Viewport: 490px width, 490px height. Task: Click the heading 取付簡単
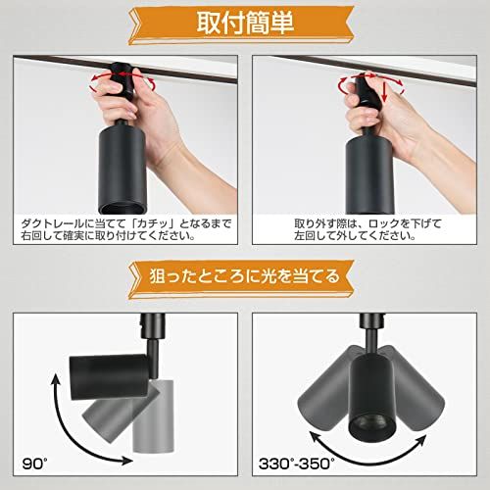click(x=244, y=22)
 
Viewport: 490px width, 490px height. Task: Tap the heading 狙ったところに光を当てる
click(x=244, y=275)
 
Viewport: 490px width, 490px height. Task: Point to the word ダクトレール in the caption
click(x=45, y=223)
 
